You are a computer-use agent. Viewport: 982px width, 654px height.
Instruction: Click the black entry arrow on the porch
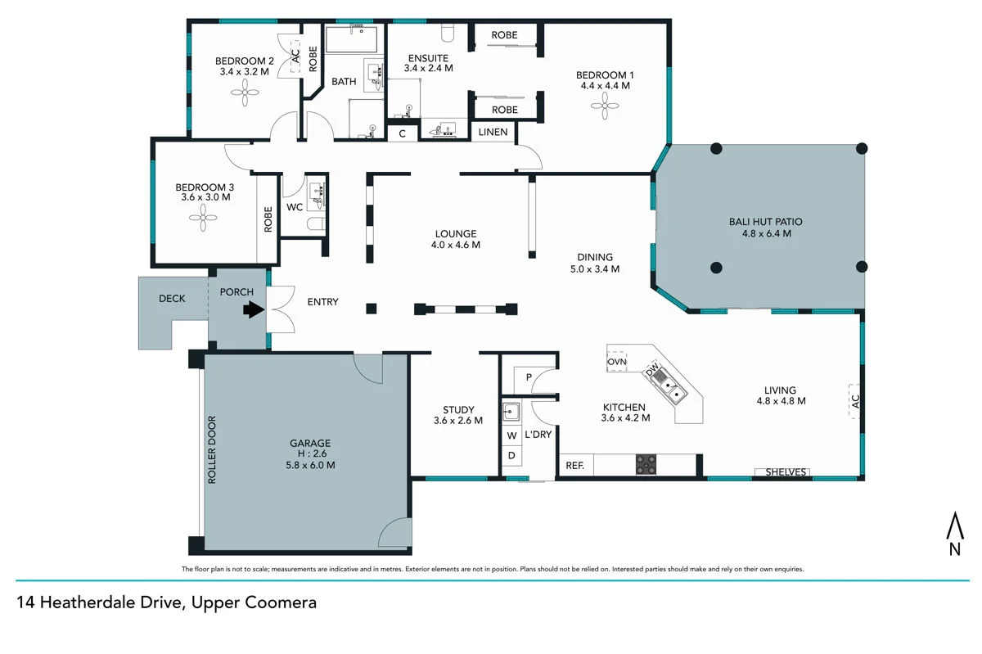pyautogui.click(x=253, y=310)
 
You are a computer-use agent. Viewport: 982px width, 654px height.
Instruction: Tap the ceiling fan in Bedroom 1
pyautogui.click(x=606, y=105)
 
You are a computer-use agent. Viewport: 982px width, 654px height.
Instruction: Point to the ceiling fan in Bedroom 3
pyautogui.click(x=201, y=217)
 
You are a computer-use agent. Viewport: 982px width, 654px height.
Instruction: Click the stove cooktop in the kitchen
pyautogui.click(x=646, y=464)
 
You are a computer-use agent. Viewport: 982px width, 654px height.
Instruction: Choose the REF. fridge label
pyautogui.click(x=574, y=466)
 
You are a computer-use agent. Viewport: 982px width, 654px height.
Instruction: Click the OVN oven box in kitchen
pyautogui.click(x=617, y=360)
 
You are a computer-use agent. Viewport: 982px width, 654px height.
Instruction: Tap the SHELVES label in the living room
pyautogui.click(x=786, y=472)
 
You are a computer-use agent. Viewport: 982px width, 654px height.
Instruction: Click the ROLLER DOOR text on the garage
pyautogui.click(x=211, y=450)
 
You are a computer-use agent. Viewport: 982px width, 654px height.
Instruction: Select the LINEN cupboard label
pyautogui.click(x=493, y=132)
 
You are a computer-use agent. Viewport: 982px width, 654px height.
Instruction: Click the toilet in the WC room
pyautogui.click(x=316, y=223)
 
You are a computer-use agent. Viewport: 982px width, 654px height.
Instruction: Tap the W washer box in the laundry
pyautogui.click(x=511, y=435)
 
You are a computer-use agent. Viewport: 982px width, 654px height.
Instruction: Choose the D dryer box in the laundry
pyautogui.click(x=511, y=455)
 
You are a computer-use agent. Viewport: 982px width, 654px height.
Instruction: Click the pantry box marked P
pyautogui.click(x=528, y=377)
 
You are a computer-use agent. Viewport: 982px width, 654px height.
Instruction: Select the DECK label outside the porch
pyautogui.click(x=172, y=299)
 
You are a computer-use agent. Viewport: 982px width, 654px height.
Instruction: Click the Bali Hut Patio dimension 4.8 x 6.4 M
pyautogui.click(x=760, y=233)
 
